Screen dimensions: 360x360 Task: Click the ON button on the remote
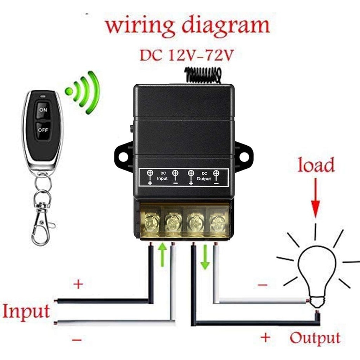43,110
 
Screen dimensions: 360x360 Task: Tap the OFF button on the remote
43,130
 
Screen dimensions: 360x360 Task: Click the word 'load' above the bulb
316,165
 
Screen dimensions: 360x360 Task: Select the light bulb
316,271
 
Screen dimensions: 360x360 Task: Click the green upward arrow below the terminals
162,255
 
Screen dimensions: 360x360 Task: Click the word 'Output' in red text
315,338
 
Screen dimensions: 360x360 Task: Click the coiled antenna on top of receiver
203,75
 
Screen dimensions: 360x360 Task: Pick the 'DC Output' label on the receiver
204,176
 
